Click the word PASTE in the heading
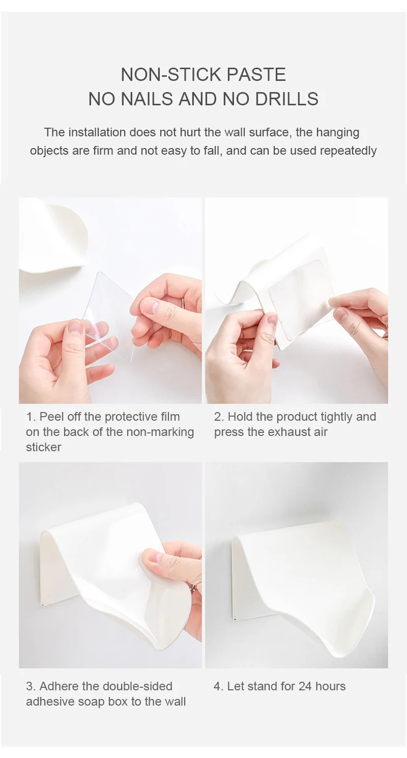[256, 74]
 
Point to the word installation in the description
[97, 132]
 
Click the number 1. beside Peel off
[31, 417]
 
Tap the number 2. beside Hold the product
[219, 417]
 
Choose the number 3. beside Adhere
[31, 686]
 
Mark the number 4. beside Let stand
[219, 686]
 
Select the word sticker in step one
[44, 447]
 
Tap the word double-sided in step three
[137, 686]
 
